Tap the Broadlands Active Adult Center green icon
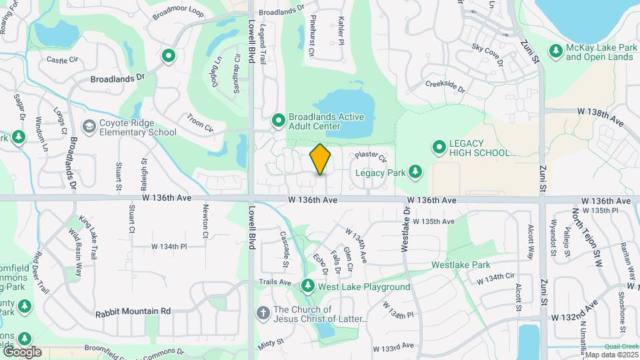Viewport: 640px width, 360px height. click(279, 121)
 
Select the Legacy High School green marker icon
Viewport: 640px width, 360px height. click(439, 146)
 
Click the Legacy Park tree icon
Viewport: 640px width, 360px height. click(415, 172)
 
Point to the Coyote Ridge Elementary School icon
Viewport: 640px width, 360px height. click(89, 127)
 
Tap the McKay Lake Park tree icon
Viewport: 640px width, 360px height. click(555, 51)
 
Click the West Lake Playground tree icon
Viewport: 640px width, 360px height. click(307, 287)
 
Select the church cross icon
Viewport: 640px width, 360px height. click(263, 312)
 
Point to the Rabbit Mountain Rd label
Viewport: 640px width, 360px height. click(133, 311)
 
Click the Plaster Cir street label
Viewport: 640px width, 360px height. click(371, 157)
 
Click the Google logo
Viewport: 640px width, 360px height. click(21, 351)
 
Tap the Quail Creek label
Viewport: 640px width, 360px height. click(618, 346)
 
